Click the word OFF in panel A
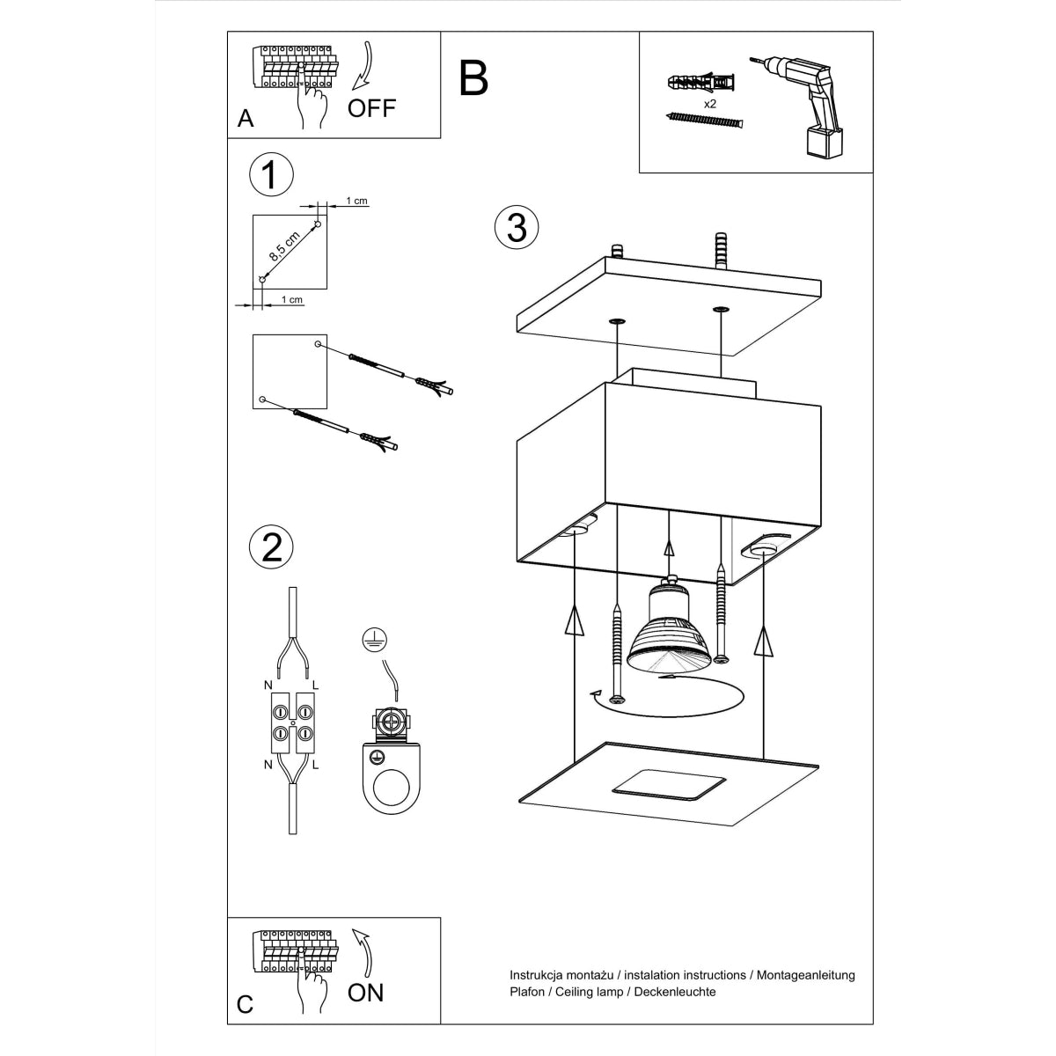(371, 108)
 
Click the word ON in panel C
(365, 993)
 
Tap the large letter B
(473, 78)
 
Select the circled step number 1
(271, 174)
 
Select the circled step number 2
(271, 546)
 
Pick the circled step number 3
(517, 227)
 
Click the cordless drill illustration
(803, 106)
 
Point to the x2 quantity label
(710, 103)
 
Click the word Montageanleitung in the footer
(804, 975)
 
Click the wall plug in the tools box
(701, 84)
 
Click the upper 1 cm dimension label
(356, 201)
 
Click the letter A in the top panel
(246, 119)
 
